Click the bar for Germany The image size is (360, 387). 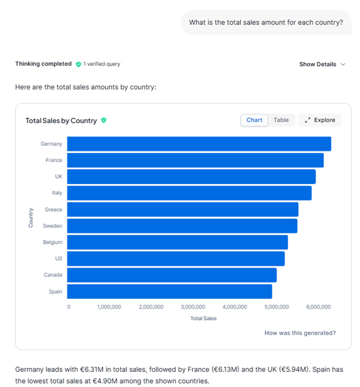tap(199, 144)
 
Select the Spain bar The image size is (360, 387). tap(169, 291)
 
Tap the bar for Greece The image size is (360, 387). tap(183, 210)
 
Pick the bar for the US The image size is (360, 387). tap(176, 259)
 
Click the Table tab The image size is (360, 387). tap(281, 120)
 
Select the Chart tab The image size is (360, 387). tap(254, 120)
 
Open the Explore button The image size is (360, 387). tap(320, 120)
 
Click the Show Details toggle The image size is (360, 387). tap(322, 64)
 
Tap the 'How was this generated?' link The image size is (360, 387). tap(300, 333)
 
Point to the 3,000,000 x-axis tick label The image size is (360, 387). tap(193, 307)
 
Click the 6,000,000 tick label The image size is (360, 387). tap(319, 307)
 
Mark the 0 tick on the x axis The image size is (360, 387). tap(69, 307)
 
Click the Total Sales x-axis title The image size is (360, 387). tap(203, 319)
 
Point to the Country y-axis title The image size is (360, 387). tap(31, 217)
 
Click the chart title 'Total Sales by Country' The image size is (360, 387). tap(61, 121)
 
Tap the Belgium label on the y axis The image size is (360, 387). tap(53, 242)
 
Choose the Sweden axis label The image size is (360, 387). tap(53, 226)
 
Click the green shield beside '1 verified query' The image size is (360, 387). tap(78, 64)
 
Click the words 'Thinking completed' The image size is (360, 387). tap(43, 64)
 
